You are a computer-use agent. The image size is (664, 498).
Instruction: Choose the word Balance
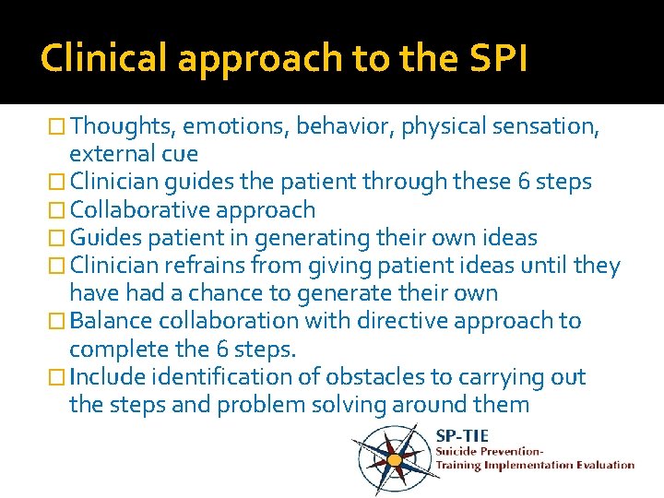[113, 321]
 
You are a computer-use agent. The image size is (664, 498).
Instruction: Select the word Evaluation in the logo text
[604, 465]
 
